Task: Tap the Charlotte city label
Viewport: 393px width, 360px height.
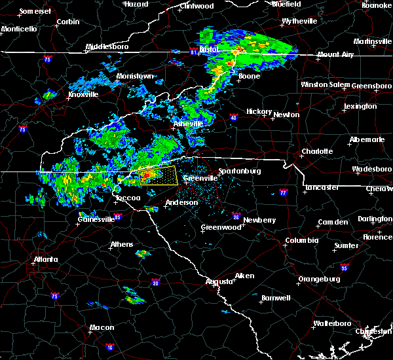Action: click(x=318, y=152)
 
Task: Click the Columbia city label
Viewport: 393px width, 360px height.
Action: click(x=301, y=241)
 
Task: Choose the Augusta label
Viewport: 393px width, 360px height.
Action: click(x=219, y=281)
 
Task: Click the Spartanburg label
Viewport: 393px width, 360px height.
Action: click(x=239, y=171)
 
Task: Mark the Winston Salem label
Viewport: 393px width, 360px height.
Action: click(x=326, y=85)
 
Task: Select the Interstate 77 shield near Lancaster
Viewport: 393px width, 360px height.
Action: click(x=283, y=193)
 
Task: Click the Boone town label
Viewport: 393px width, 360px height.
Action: click(x=248, y=77)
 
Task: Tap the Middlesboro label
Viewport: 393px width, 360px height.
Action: click(x=109, y=47)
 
